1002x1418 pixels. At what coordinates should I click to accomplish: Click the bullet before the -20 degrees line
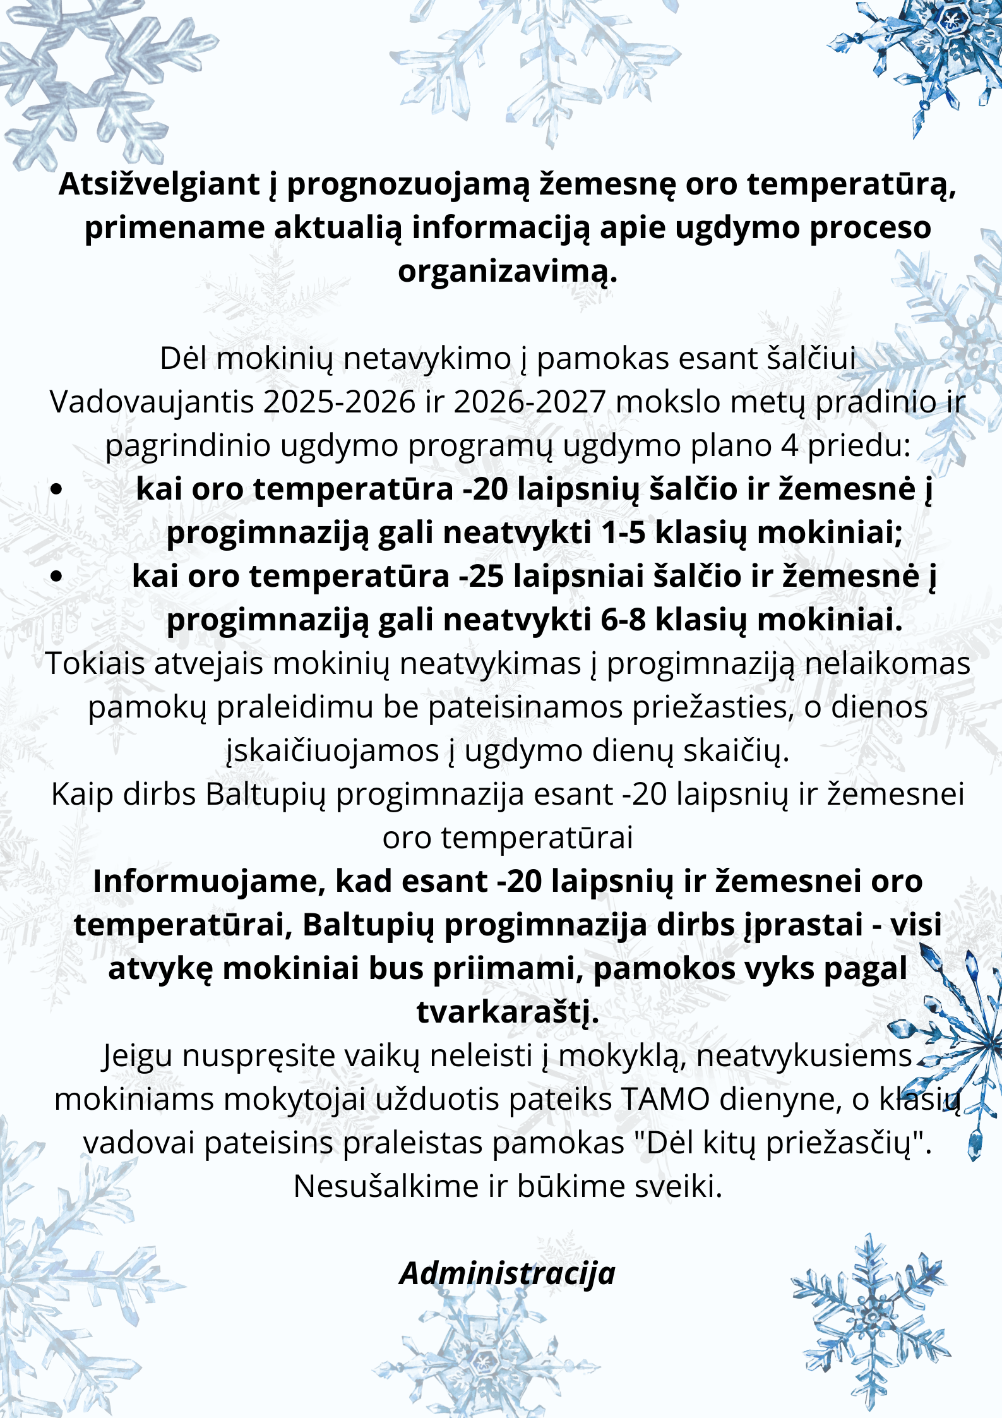point(57,489)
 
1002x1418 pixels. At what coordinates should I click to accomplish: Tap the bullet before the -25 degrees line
point(57,576)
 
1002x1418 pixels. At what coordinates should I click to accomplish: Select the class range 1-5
point(623,532)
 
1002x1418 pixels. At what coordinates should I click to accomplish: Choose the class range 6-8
point(623,620)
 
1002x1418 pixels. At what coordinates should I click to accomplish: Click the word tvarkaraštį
point(507,1012)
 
